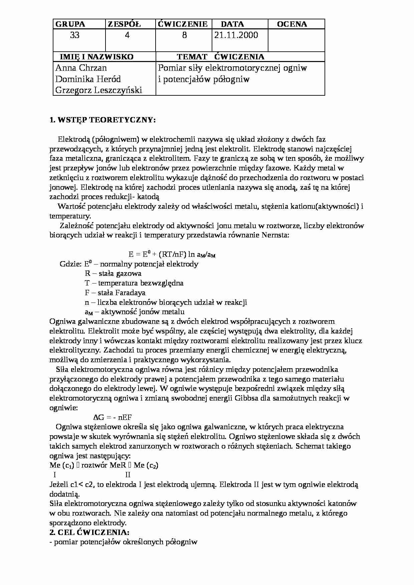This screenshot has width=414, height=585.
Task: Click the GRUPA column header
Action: pos(70,24)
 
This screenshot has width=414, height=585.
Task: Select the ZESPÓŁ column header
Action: pos(124,24)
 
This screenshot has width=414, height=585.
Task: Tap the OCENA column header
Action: pos(292,24)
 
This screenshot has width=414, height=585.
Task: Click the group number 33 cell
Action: pos(75,35)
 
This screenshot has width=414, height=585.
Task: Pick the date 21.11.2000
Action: pos(236,35)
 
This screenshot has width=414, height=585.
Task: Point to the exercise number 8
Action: pos(185,35)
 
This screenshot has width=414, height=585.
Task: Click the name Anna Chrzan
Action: pos(81,68)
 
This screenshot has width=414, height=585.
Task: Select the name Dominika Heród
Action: pos(88,79)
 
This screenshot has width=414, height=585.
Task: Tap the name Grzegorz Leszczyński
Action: pos(98,90)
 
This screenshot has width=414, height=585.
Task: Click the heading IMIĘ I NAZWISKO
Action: pos(96,57)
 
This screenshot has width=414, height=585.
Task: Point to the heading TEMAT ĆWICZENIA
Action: pos(220,57)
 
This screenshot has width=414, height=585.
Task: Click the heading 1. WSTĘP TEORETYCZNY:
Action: pos(102,120)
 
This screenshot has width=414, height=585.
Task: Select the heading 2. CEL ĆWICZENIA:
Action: pos(89,532)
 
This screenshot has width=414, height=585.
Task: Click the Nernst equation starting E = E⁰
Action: pos(172,254)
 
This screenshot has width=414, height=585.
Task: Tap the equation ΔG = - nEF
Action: pos(113,417)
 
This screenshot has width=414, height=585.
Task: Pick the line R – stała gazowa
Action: pos(113,273)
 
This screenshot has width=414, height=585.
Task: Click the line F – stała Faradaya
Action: pos(115,293)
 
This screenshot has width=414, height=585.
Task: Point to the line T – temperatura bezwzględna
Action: pos(134,283)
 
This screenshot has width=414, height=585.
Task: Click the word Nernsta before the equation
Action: pos(275,235)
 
